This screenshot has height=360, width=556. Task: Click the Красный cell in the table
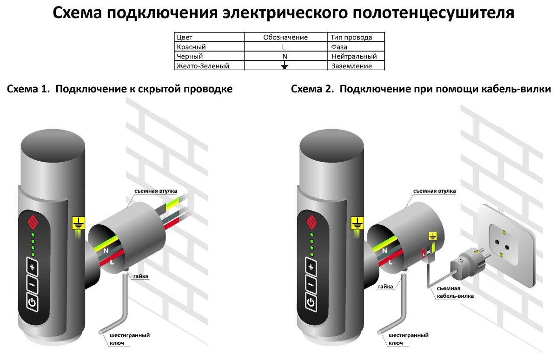coord(191,47)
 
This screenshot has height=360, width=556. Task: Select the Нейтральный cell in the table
coord(354,56)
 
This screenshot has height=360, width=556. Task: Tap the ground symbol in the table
coord(285,66)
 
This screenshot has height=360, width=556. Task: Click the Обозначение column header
coord(285,37)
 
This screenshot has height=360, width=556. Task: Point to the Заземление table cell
coord(351,66)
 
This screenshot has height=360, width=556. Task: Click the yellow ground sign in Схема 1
coord(79,224)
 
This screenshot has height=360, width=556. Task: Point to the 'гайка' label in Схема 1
coord(140,276)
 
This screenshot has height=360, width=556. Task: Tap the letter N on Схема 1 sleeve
coord(106,251)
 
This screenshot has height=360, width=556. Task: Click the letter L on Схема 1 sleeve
coord(112,262)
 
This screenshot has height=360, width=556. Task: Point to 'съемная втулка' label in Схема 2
coord(434,191)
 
